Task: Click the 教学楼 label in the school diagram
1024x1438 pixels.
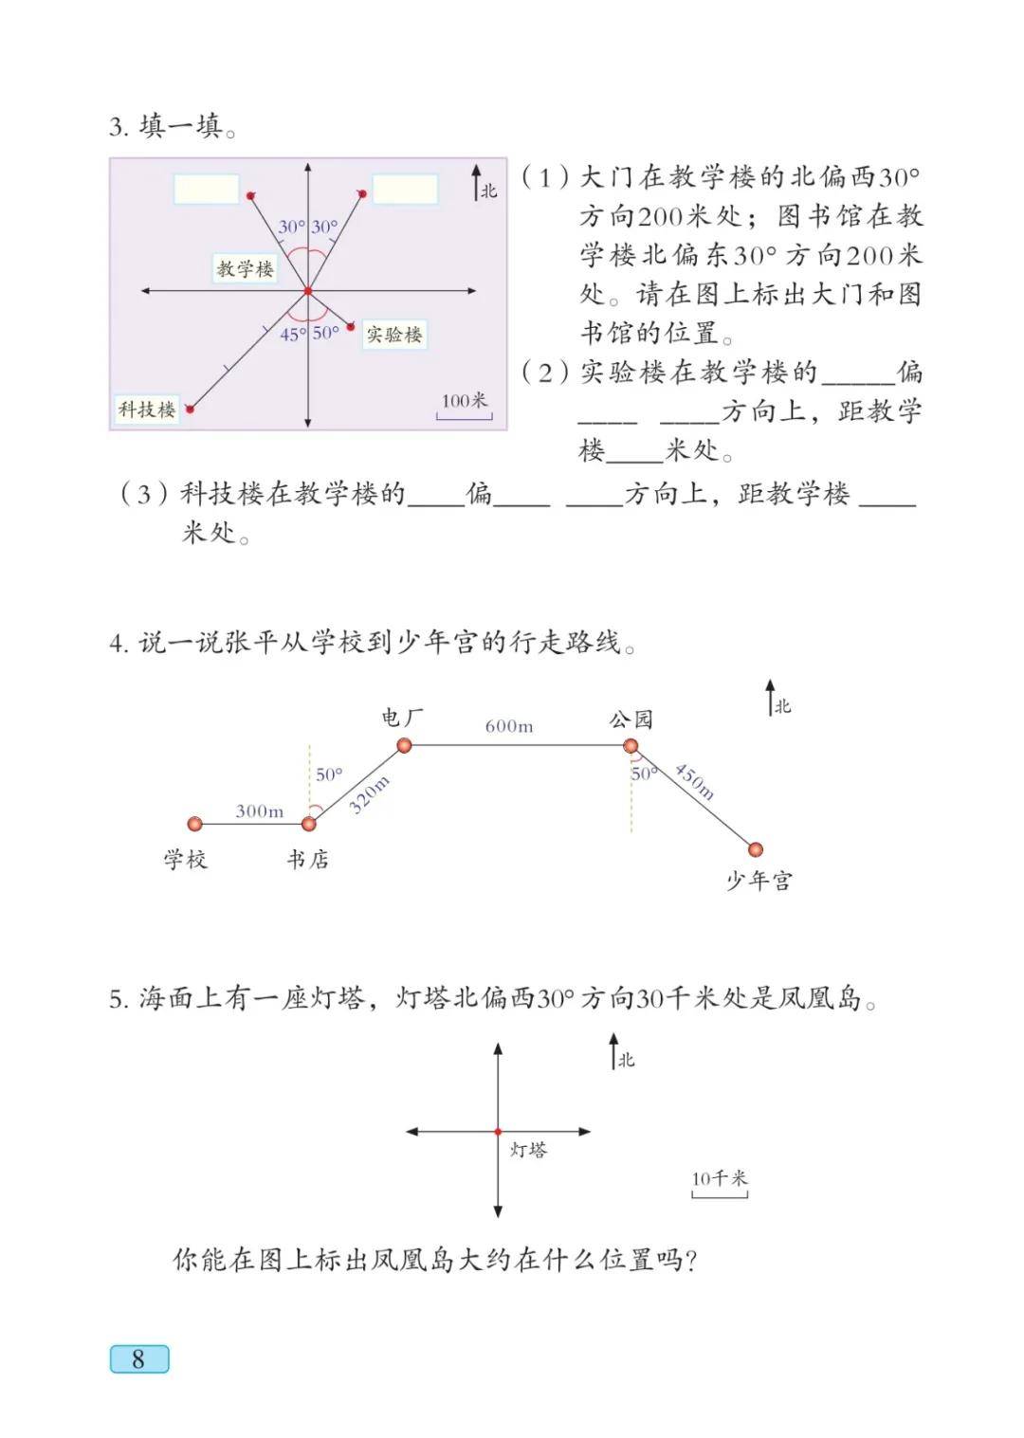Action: (x=245, y=268)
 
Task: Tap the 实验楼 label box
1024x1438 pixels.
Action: (x=393, y=335)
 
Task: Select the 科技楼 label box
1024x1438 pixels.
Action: (x=147, y=410)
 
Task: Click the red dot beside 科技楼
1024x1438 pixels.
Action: (x=190, y=410)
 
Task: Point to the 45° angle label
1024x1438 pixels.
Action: (x=292, y=335)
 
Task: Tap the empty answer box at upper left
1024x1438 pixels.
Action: (x=206, y=190)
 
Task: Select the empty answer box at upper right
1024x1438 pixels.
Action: (x=405, y=190)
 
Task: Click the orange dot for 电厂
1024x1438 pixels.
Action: (x=404, y=745)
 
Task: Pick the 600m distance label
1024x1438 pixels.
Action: (x=509, y=727)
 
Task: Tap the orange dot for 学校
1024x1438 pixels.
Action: (x=194, y=824)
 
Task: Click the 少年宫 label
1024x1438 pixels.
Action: (x=759, y=881)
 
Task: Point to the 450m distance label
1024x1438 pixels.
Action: (x=695, y=780)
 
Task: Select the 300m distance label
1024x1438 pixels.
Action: (x=259, y=811)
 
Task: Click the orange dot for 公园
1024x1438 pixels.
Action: (x=631, y=746)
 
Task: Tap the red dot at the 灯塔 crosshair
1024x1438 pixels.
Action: (x=498, y=1132)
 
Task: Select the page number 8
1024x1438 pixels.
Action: (x=138, y=1358)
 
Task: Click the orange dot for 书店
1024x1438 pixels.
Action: (x=309, y=824)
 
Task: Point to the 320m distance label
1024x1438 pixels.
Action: (x=369, y=794)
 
